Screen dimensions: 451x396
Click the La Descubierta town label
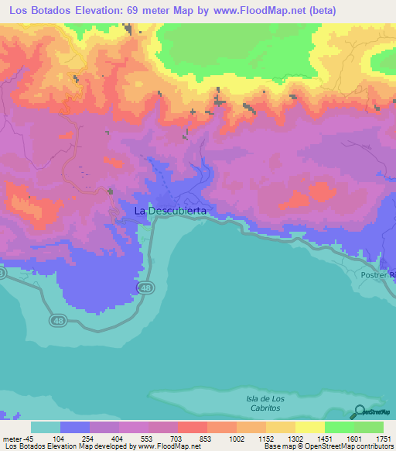click(x=170, y=210)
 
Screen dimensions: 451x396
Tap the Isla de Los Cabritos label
click(x=265, y=403)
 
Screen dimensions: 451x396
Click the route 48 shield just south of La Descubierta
click(x=146, y=287)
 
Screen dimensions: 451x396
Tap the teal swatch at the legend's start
click(x=46, y=427)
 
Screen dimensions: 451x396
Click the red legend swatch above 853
click(x=193, y=427)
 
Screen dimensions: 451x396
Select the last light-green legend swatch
click(x=369, y=427)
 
